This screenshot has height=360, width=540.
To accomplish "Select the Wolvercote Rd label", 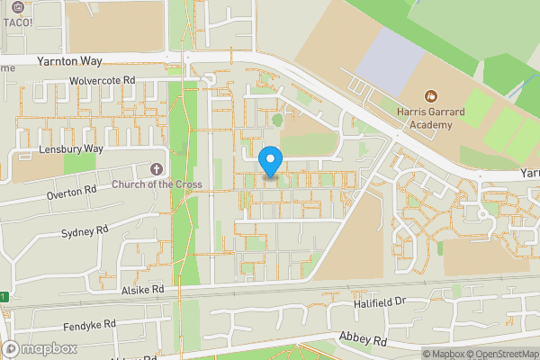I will (102, 80).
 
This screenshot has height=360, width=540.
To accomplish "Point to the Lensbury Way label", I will (71, 148).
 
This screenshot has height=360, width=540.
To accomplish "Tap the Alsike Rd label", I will (143, 290).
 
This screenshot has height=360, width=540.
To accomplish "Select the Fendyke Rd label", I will (90, 324).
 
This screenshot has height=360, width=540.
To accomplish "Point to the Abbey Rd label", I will (362, 340).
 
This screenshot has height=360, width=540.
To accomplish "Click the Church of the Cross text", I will (157, 185).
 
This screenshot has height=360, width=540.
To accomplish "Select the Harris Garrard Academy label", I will (431, 119).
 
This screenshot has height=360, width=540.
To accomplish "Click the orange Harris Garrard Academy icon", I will (431, 94).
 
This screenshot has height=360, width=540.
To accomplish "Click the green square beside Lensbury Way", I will (79, 163).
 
